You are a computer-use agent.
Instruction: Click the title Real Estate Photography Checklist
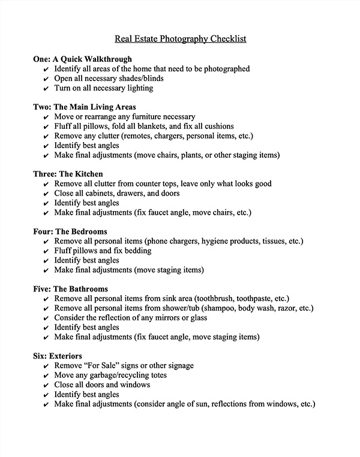pyautogui.click(x=180, y=40)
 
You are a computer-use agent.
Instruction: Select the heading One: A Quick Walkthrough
pyautogui.click(x=82, y=59)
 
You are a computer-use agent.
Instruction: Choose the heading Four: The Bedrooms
pyautogui.click(x=70, y=231)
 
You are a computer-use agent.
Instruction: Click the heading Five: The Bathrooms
pyautogui.click(x=71, y=289)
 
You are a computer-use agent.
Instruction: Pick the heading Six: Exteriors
pyautogui.click(x=57, y=356)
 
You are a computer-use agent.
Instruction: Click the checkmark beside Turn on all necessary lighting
pyautogui.click(x=47, y=89)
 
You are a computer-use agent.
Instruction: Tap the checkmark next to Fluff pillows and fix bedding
pyautogui.click(x=47, y=251)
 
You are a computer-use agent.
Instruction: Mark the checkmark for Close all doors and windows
pyautogui.click(x=47, y=386)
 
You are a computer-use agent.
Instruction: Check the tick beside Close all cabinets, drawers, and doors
pyautogui.click(x=47, y=194)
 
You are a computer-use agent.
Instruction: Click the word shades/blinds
pyautogui.click(x=141, y=79)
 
